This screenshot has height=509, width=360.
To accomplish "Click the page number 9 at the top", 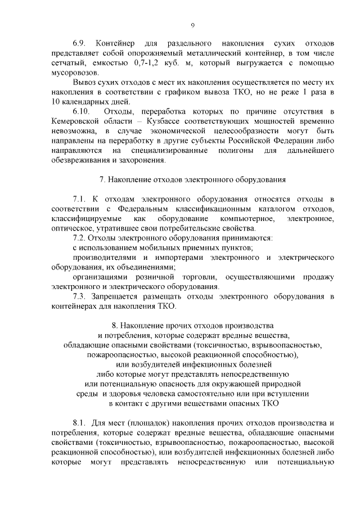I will (x=193, y=25).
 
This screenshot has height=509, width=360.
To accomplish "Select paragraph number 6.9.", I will (x=81, y=43).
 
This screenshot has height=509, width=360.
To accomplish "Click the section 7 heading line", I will (x=193, y=180).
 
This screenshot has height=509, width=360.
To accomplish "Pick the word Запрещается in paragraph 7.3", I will (x=120, y=296).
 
